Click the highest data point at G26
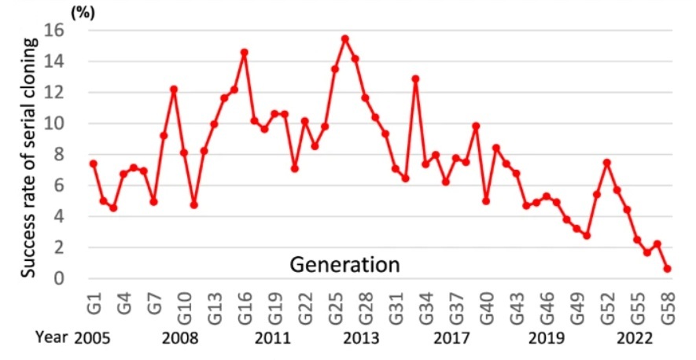(345, 39)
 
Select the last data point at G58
(668, 269)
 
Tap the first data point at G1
(93, 163)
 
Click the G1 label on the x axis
(94, 301)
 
